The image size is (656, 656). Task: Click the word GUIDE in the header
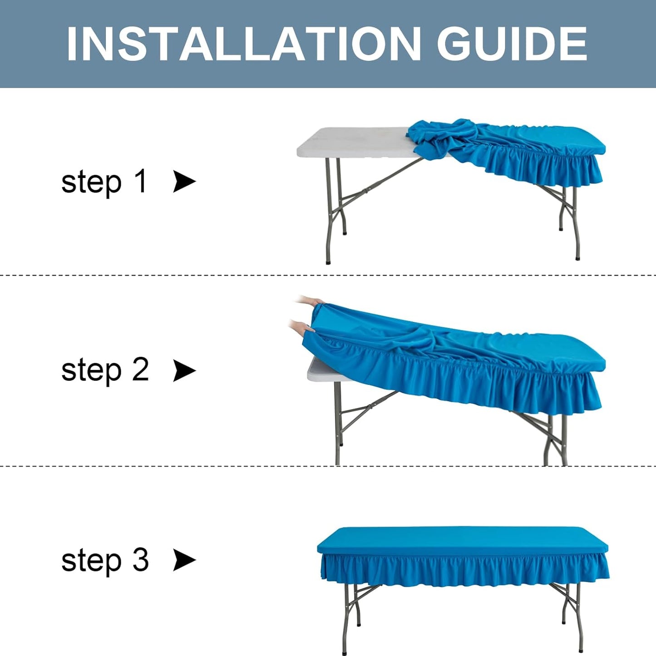coord(512,44)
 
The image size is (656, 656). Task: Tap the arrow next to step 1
coord(184,182)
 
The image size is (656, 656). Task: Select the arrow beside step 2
coord(184,371)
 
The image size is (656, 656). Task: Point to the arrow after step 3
coord(184,560)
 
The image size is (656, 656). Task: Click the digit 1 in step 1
coord(141,181)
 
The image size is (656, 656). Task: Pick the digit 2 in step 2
coord(141,370)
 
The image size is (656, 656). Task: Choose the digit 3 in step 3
coord(141,560)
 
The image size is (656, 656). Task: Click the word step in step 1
coord(91,182)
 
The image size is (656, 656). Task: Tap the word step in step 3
coord(91,561)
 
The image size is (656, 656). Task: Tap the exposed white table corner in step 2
coord(318,370)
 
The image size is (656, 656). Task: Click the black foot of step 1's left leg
coord(328,261)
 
